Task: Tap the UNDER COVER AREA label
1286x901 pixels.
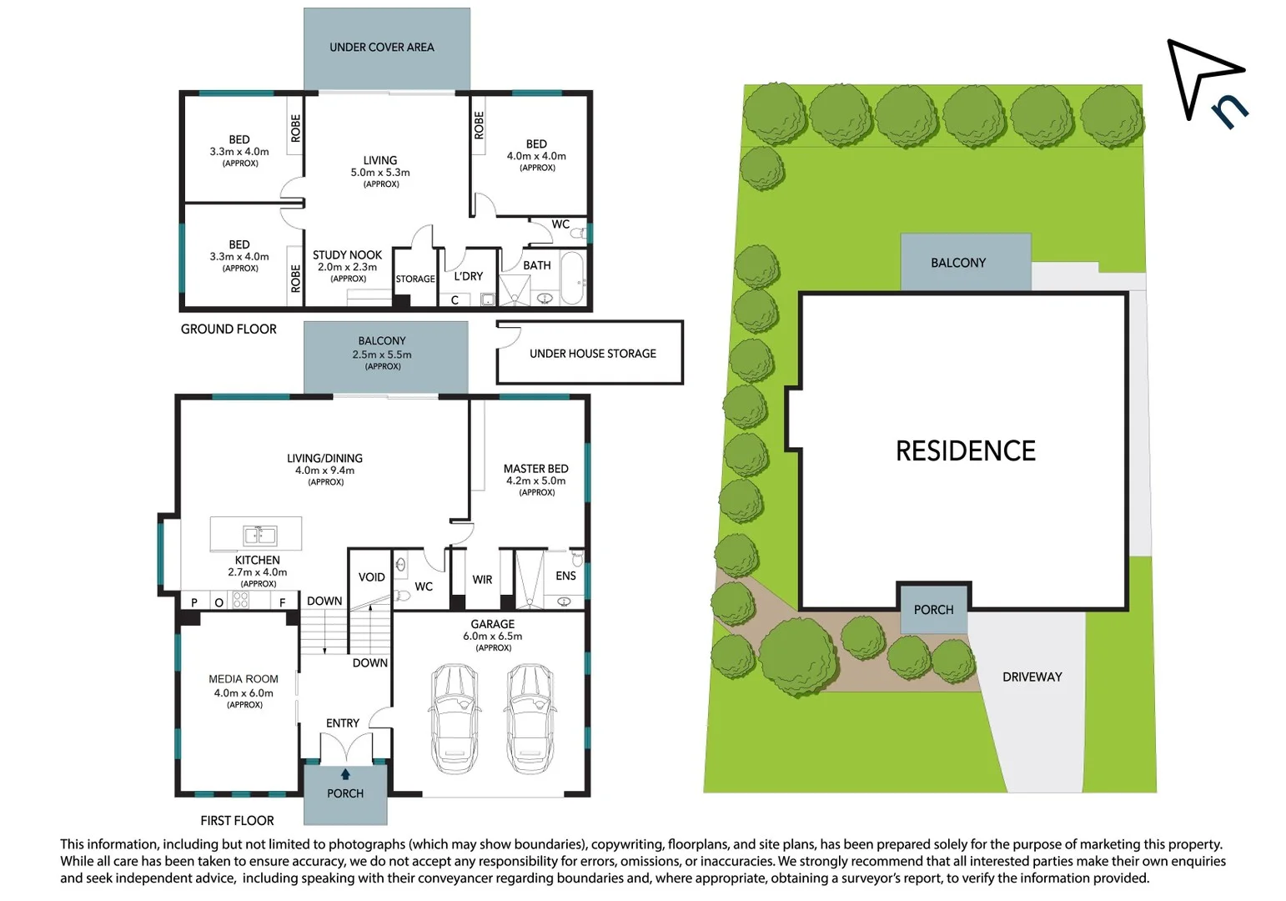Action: (x=381, y=48)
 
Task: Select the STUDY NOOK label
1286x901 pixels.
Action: (x=347, y=255)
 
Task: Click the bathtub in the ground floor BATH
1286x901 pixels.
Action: (x=572, y=279)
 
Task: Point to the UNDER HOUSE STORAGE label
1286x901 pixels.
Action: (x=592, y=354)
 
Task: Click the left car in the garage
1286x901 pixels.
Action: (x=455, y=718)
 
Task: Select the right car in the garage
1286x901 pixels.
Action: (x=530, y=718)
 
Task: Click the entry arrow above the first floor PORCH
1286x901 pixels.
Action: (x=345, y=774)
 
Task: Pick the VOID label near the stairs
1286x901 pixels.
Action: (x=371, y=577)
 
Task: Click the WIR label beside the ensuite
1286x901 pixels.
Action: (x=482, y=580)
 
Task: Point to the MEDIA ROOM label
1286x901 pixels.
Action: (x=244, y=679)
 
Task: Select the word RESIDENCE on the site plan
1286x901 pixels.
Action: (x=965, y=451)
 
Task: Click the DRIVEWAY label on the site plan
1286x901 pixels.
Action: (x=1032, y=677)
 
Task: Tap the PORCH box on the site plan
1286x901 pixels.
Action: (x=933, y=610)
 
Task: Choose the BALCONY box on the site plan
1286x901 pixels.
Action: (x=958, y=263)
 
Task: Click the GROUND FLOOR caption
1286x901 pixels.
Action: (x=229, y=330)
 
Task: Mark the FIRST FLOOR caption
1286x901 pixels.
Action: (x=237, y=821)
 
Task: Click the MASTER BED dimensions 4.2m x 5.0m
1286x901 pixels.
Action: (x=535, y=481)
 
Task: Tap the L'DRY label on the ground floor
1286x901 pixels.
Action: (x=468, y=276)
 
